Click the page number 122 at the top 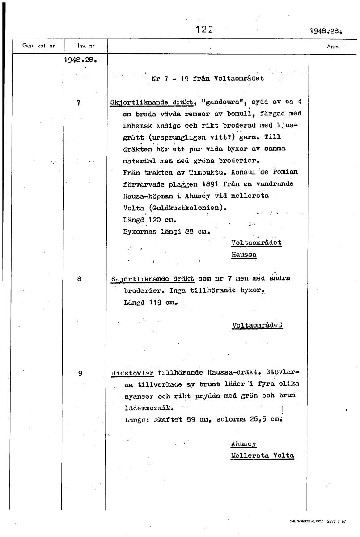click(204, 30)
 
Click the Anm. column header click(334, 46)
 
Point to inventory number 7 click(79, 102)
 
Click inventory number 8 click(79, 278)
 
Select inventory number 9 click(80, 372)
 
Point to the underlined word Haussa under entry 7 click(244, 254)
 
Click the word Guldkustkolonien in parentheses click(178, 208)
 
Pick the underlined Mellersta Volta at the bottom click(263, 456)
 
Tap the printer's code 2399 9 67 click(336, 521)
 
